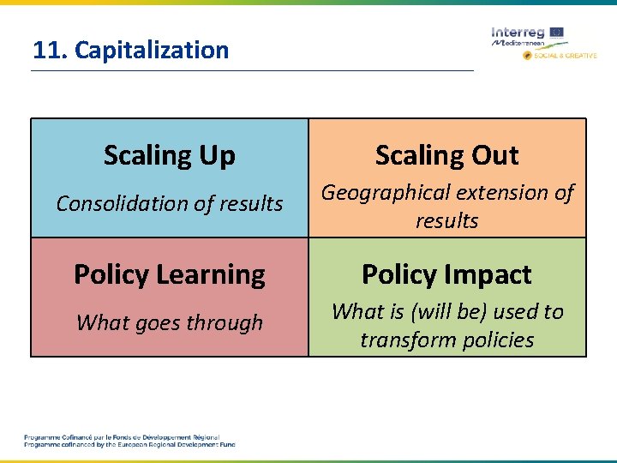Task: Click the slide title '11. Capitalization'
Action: [x=131, y=50]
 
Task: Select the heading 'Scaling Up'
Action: [x=169, y=155]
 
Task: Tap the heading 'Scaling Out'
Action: [x=446, y=155]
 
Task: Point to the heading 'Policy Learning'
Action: [x=169, y=274]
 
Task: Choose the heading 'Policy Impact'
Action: [x=446, y=274]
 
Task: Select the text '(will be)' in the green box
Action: [x=451, y=311]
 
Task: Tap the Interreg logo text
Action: [x=518, y=32]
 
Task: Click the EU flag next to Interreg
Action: [x=557, y=32]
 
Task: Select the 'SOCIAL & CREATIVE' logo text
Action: [x=566, y=55]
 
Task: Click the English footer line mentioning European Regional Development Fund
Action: [x=129, y=445]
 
